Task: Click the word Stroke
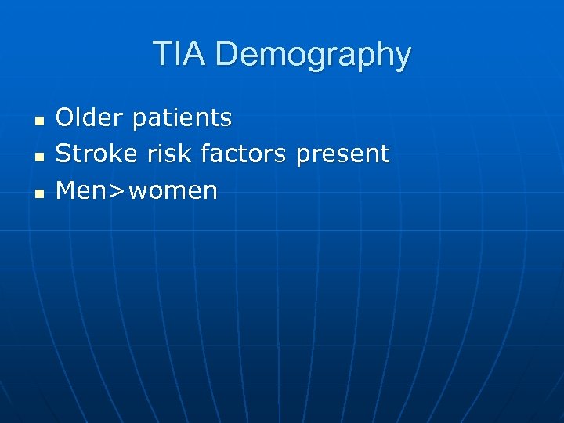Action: click(x=96, y=154)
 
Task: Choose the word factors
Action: click(x=244, y=154)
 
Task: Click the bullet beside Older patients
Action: click(x=37, y=121)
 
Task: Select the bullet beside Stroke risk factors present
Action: click(x=37, y=157)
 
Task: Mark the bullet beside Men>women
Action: click(x=37, y=193)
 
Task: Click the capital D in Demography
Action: click(x=226, y=55)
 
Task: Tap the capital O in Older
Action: click(x=67, y=117)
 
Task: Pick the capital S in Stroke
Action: click(x=65, y=154)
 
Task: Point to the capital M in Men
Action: click(x=68, y=190)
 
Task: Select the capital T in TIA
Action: click(x=162, y=55)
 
